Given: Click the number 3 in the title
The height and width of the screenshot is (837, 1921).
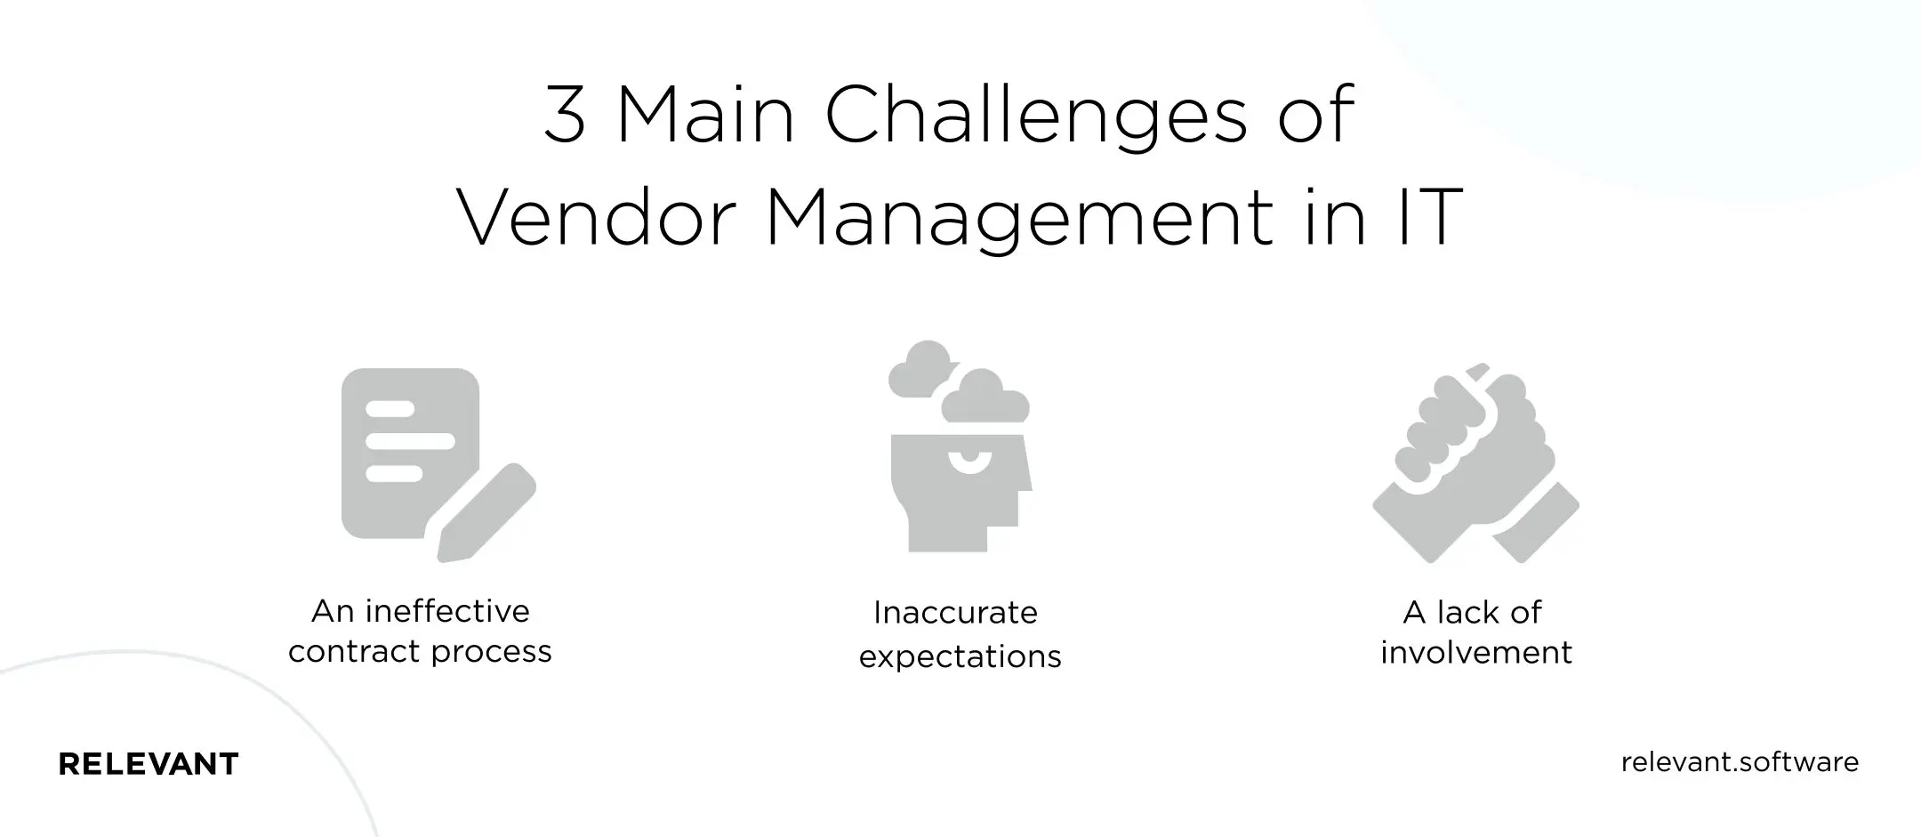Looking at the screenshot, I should click(x=565, y=116).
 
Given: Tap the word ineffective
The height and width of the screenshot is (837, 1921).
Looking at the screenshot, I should click(x=447, y=611).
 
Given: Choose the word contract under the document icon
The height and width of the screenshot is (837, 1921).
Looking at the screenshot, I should click(x=346, y=652).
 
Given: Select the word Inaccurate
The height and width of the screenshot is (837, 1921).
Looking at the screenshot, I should click(x=955, y=613).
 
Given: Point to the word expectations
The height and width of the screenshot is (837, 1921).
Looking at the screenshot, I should click(x=960, y=656).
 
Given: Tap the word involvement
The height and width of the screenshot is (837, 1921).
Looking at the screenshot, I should click(x=1475, y=653).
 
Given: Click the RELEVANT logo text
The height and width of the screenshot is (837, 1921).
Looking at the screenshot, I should click(x=149, y=764).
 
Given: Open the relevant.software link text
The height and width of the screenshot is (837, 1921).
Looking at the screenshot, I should click(x=1740, y=762).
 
